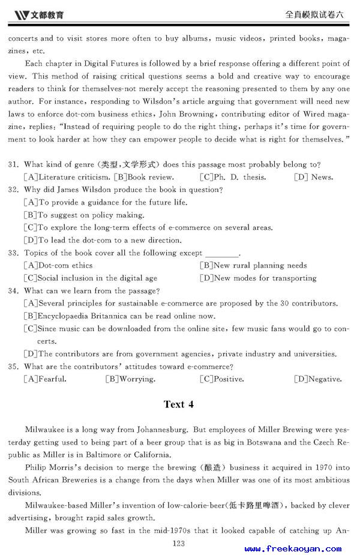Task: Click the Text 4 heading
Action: point(179,404)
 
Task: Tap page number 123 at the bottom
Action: point(178,544)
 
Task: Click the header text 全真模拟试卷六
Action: point(317,13)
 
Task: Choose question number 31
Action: point(14,164)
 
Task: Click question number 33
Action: point(14,253)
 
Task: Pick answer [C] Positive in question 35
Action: point(222,379)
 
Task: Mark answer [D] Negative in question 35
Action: point(317,379)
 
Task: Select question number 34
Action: point(14,290)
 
